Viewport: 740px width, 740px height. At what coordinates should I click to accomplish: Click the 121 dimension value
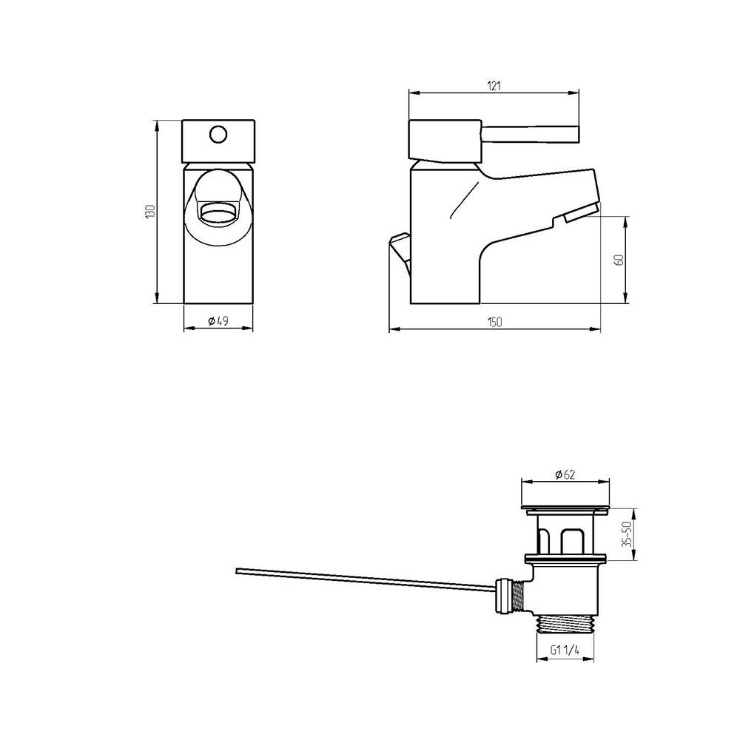click(494, 86)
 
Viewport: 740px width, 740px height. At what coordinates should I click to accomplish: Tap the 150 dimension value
click(494, 323)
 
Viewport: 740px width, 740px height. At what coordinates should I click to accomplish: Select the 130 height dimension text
click(150, 211)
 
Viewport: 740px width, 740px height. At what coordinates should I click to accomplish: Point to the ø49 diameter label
click(218, 321)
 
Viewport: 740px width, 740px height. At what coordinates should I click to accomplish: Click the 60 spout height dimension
click(619, 260)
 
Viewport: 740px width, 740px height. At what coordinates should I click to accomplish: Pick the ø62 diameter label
click(565, 474)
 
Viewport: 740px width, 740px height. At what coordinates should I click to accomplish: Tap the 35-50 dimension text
click(628, 534)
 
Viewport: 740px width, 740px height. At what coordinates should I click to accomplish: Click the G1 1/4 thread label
click(565, 650)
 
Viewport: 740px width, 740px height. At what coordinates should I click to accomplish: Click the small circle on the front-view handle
click(218, 135)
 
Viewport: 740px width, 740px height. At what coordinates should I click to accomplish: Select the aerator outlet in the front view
click(218, 212)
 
